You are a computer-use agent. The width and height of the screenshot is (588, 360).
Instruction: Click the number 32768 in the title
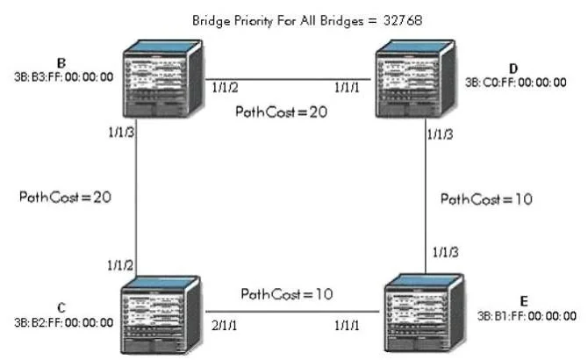pos(403,20)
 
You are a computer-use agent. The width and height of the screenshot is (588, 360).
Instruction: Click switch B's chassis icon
pos(162,79)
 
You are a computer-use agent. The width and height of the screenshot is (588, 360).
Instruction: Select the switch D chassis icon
pos(415,79)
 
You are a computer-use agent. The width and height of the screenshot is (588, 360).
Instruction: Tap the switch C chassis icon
pos(161,315)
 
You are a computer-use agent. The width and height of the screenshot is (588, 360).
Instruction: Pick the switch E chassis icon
pos(425,313)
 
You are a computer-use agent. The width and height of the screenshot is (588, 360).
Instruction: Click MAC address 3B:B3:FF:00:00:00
pos(64,77)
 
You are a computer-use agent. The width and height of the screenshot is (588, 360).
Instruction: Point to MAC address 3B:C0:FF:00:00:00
pos(516,83)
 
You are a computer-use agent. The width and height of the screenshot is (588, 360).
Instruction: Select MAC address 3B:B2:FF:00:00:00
pos(64,322)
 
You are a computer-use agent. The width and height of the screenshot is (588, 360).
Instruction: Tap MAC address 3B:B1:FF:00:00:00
pos(527,316)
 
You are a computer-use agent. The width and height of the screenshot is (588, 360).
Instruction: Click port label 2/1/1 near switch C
pos(225,325)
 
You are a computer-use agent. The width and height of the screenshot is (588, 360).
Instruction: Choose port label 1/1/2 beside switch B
pos(225,88)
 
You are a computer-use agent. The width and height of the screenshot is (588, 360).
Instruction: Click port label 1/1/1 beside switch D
pos(347,88)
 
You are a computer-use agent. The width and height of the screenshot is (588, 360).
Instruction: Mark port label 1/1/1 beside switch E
pos(347,325)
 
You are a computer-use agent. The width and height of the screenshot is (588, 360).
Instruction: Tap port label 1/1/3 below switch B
pos(121,132)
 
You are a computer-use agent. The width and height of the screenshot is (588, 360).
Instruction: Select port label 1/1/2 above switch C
pos(120,265)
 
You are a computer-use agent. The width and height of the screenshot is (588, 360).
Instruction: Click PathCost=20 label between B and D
pos(281,112)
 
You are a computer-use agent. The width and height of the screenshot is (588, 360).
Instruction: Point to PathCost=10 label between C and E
pos(287,294)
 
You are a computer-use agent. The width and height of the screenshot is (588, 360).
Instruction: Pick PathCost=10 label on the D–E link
pos(486,199)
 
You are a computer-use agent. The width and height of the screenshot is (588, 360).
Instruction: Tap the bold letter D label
pos(513,69)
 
